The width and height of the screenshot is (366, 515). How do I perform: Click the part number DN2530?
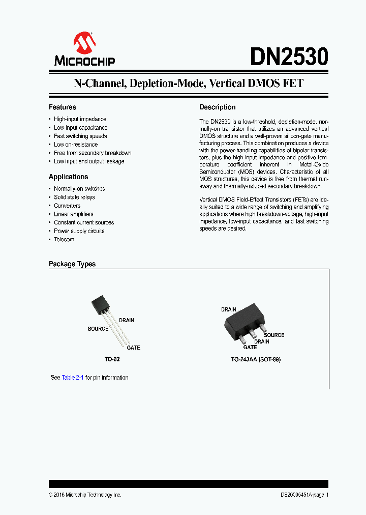[x=289, y=57]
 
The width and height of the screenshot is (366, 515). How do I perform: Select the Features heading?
[x=62, y=107]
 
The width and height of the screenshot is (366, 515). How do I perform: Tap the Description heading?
[x=217, y=107]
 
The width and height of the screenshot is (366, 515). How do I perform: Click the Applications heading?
[x=68, y=177]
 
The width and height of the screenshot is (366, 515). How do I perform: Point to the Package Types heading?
[x=72, y=264]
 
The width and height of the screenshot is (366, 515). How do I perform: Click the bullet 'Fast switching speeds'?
[x=80, y=136]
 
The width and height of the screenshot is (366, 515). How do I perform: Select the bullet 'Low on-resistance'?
[x=76, y=145]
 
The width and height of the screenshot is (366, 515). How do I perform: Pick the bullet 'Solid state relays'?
[x=74, y=197]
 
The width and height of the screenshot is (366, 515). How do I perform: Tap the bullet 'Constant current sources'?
[x=84, y=222]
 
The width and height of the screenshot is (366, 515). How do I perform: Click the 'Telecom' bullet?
[x=64, y=239]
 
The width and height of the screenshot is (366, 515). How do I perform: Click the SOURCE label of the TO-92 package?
[x=98, y=329]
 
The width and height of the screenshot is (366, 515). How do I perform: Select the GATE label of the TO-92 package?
[x=133, y=348]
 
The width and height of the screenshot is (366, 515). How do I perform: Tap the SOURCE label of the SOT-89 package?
[x=273, y=335]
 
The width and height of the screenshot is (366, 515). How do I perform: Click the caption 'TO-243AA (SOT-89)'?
[x=256, y=359]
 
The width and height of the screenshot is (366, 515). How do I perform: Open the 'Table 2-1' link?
[x=73, y=378]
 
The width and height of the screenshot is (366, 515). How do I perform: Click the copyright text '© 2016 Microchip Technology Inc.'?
[x=85, y=495]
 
